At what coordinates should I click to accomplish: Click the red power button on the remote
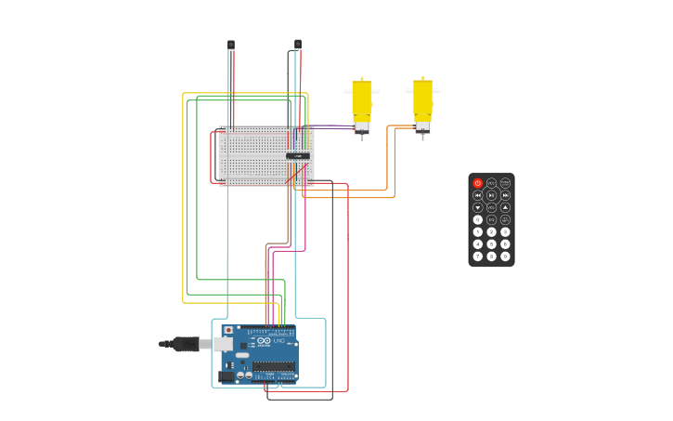478,183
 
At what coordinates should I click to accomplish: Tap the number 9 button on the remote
505,257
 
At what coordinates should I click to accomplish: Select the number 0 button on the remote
478,220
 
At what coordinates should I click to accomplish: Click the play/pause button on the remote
491,195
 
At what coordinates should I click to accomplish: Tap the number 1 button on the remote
478,232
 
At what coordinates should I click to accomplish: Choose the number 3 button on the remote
505,232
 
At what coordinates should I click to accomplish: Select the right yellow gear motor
422,100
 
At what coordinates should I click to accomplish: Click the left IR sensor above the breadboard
231,45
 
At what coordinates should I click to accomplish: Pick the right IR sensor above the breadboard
298,44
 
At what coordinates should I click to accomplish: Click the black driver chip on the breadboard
298,155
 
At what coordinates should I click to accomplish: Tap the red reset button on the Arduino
228,330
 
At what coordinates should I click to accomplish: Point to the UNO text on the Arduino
278,341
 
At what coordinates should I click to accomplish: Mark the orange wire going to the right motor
394,163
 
